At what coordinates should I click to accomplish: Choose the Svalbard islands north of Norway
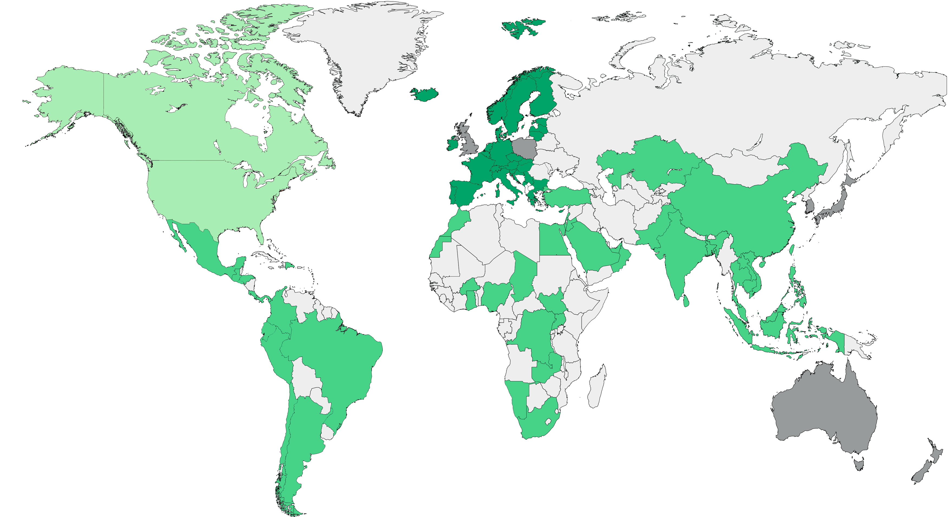coord(522,28)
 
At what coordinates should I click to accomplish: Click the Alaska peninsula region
coord(70,99)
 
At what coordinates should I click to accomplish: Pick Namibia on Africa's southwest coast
coord(519,401)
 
